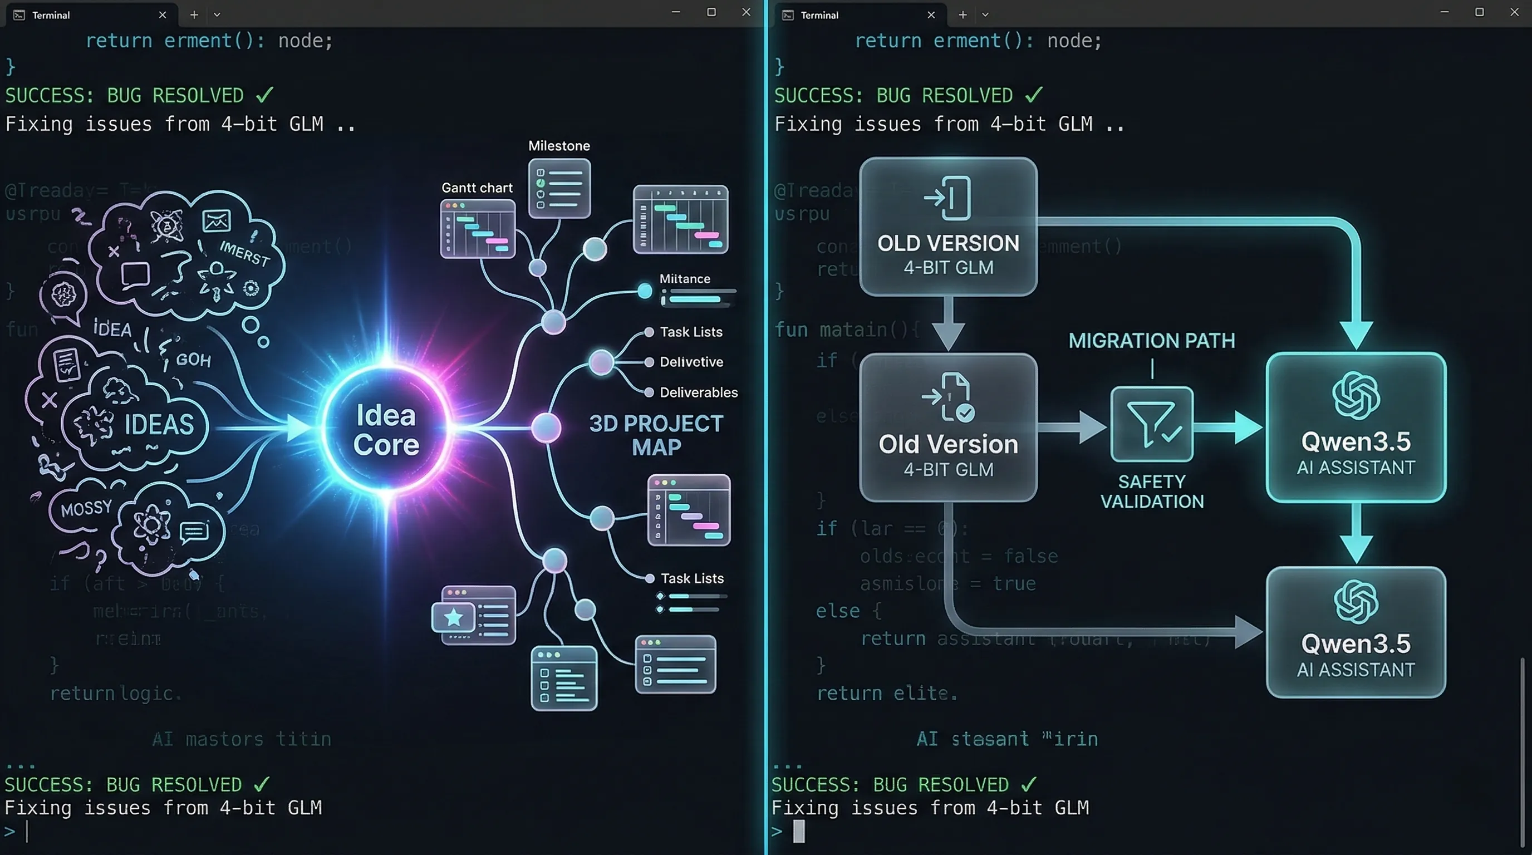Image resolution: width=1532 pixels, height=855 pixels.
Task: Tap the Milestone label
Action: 559,146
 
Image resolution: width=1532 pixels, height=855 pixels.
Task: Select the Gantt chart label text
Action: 477,188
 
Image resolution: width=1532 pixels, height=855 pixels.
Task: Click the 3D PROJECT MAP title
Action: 656,435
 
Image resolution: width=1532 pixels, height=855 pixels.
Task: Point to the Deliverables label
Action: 698,392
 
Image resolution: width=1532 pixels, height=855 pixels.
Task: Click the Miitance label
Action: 685,278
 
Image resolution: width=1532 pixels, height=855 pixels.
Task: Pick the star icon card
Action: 454,617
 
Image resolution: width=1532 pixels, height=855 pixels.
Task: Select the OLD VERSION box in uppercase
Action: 948,227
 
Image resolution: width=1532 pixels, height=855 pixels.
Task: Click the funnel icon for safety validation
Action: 1151,424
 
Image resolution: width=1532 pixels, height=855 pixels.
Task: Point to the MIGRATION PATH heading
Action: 1151,341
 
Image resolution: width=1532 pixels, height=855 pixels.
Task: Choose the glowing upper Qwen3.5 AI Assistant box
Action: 1356,427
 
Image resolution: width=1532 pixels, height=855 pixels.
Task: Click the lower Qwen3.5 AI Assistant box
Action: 1356,631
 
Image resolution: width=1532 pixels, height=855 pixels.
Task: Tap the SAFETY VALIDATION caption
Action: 1151,491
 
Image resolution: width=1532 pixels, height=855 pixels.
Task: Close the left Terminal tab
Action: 163,15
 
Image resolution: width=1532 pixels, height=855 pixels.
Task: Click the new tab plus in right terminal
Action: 963,15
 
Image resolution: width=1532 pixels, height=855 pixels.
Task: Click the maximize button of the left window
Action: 711,12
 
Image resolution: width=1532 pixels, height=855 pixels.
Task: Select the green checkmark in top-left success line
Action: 264,95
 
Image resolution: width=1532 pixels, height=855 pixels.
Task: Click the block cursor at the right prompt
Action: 799,831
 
